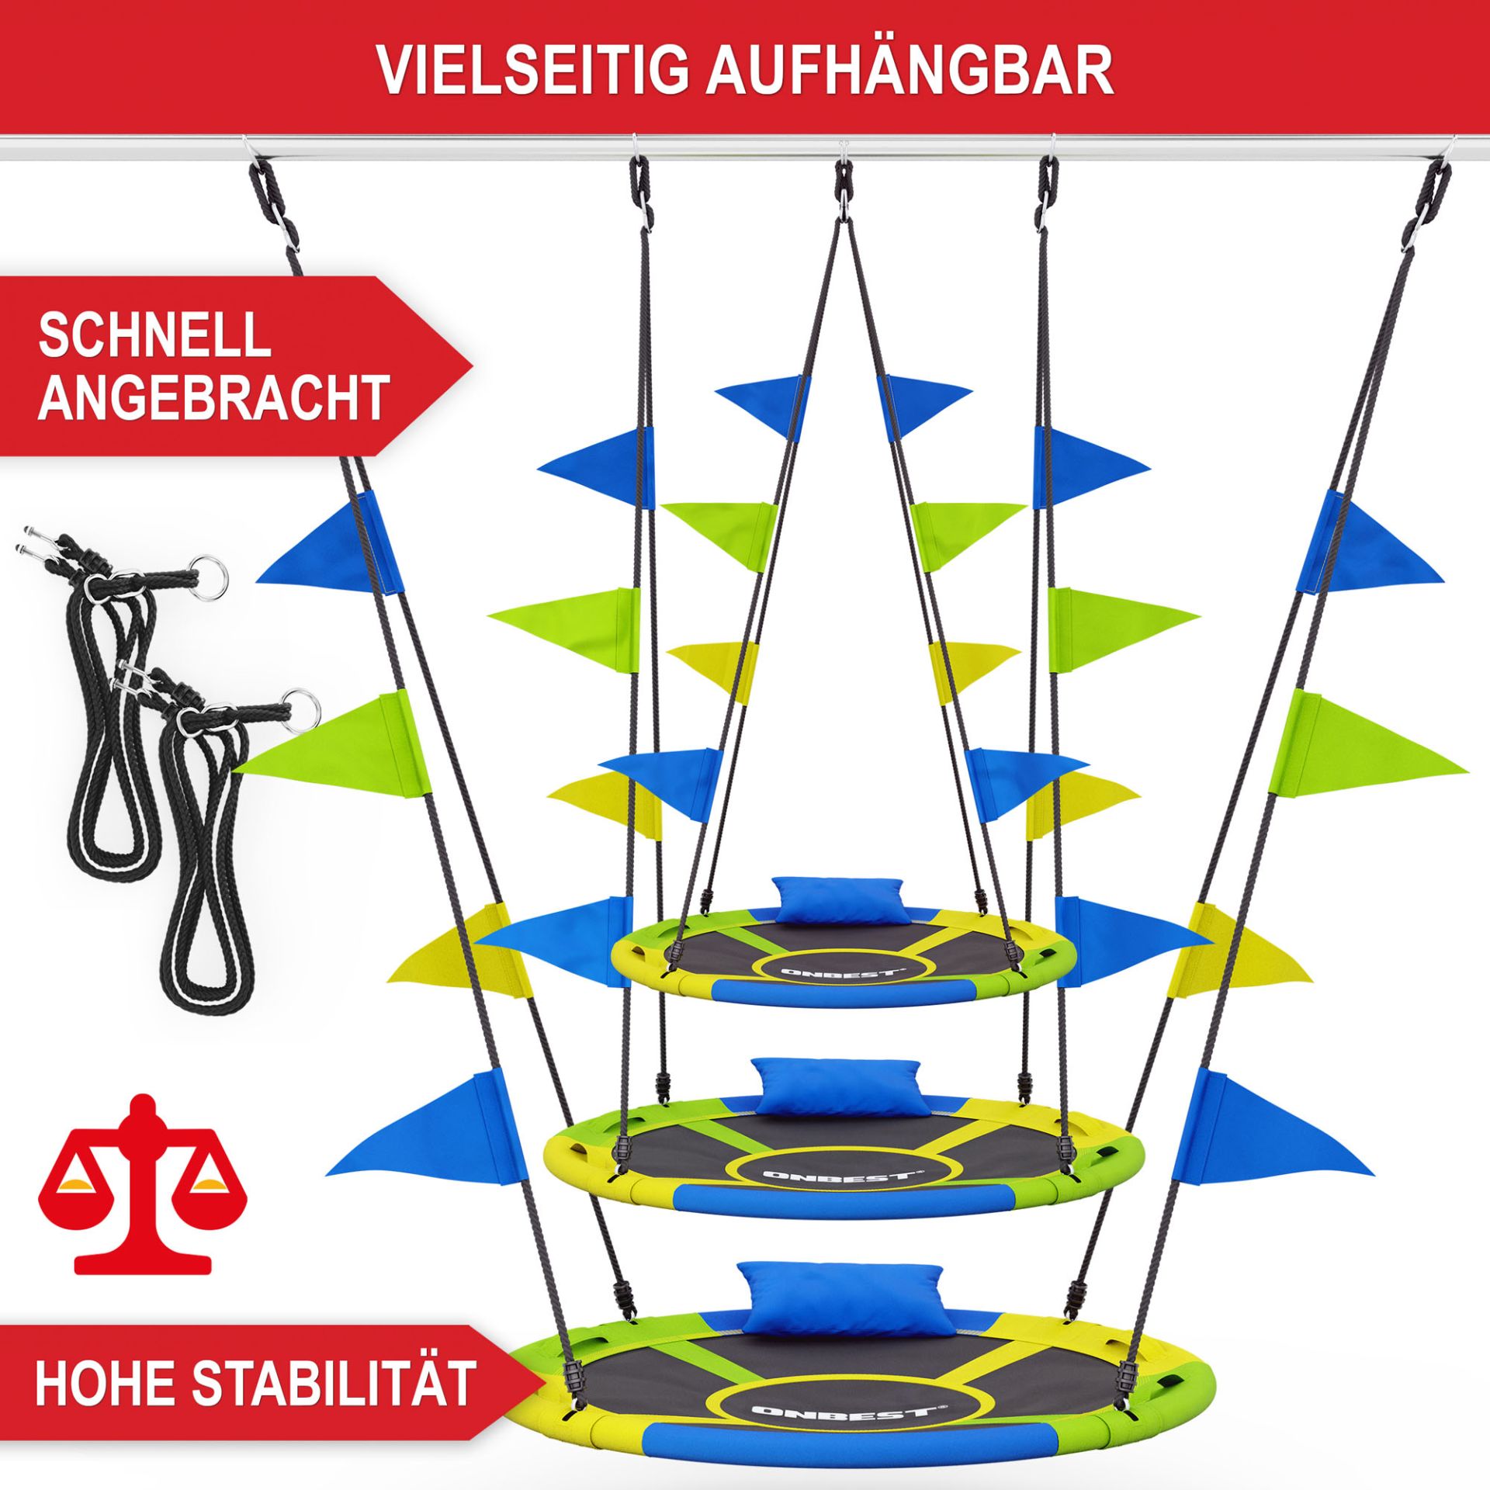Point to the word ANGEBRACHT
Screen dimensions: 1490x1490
[213, 397]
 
